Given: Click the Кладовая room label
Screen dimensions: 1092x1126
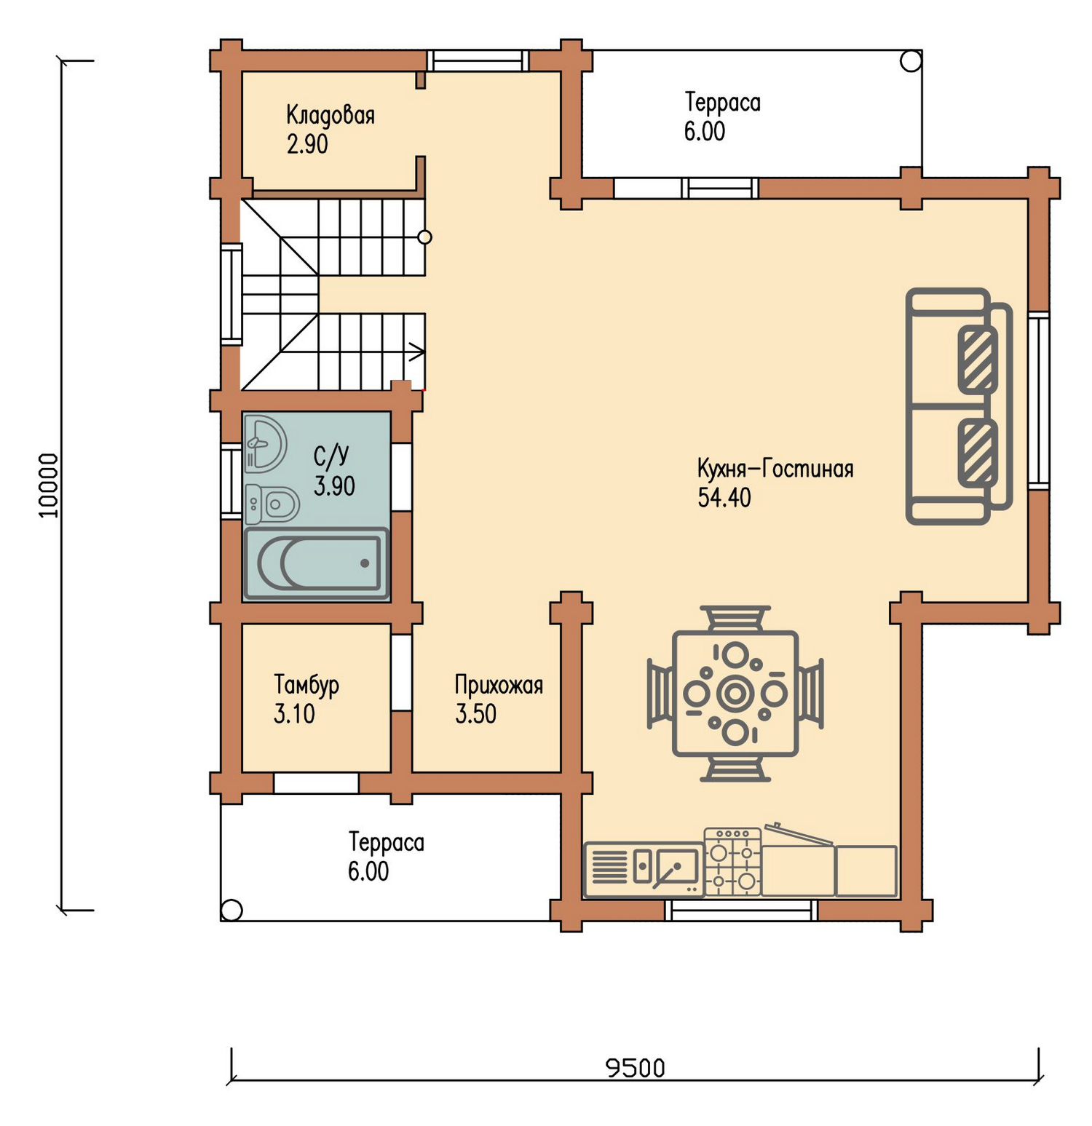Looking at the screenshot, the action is pos(331,115).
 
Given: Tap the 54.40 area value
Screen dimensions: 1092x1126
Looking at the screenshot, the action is pos(724,498).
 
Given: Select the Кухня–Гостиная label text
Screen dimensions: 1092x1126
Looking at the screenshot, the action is pos(775,468).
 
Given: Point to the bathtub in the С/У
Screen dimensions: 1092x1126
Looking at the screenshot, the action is pos(316,563).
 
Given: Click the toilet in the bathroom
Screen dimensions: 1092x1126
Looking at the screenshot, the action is pos(272,504).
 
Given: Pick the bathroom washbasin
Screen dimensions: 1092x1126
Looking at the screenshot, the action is pos(265,443).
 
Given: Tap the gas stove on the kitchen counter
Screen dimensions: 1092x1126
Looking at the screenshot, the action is pos(732,862).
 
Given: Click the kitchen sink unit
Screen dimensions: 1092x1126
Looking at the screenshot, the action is pos(644,869).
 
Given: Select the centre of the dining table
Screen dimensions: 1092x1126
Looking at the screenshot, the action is pos(735,694).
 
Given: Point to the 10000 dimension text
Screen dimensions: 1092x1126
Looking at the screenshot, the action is pos(48,485).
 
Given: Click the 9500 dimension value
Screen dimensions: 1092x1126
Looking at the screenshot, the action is pos(636,1068).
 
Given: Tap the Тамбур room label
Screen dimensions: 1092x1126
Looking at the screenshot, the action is pos(306,685).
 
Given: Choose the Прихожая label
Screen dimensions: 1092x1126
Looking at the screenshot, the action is pos(499,685).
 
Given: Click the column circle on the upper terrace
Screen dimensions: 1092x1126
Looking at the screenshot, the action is pos(911,61).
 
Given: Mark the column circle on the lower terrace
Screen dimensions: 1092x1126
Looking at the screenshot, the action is pos(232,910).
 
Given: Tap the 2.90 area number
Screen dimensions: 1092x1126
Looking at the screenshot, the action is pos(307,144).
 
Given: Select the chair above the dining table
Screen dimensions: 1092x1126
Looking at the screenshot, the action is pos(735,618).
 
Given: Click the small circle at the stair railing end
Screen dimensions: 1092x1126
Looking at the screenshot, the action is pos(425,237).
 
